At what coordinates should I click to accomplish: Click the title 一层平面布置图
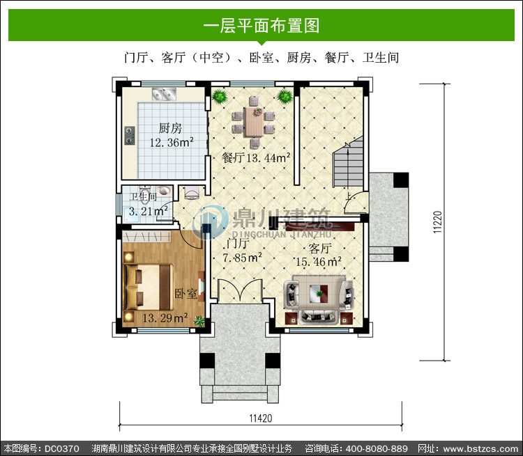261,26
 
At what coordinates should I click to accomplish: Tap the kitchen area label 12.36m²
172,143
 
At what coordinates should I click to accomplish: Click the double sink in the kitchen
164,94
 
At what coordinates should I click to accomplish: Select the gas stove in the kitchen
130,135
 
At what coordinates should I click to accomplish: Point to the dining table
254,122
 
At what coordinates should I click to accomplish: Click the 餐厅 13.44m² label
255,157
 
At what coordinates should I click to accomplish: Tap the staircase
349,162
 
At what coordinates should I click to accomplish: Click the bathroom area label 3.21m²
148,211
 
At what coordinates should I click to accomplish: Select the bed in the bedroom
149,287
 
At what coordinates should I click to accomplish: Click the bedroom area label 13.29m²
165,317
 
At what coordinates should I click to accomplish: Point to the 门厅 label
237,243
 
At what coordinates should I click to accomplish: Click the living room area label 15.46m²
318,262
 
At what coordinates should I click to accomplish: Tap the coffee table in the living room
320,294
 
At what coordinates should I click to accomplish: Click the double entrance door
240,290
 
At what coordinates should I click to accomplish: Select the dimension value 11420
261,418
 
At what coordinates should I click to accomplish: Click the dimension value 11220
437,222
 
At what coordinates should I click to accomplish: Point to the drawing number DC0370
61,448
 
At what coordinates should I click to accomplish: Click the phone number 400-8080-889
377,448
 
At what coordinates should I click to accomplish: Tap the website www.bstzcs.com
480,448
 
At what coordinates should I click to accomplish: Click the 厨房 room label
170,128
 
